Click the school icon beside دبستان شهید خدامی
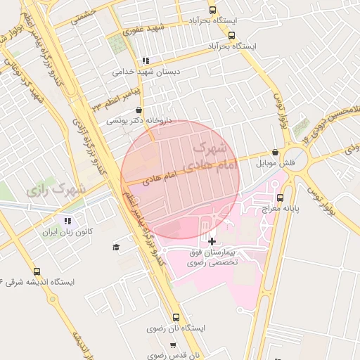tap(146, 61)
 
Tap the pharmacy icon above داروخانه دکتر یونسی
tap(139, 110)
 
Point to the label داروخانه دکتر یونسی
tap(135, 120)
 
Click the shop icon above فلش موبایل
tap(274, 153)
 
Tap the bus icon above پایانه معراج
tap(281, 198)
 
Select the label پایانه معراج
tap(282, 209)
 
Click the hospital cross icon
tap(212, 241)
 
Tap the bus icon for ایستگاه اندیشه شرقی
tap(37, 271)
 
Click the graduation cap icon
tap(116, 247)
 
